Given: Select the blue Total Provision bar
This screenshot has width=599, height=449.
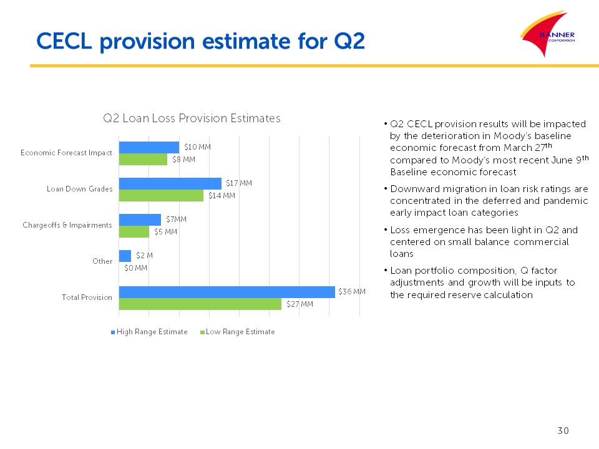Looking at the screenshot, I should tap(226, 292).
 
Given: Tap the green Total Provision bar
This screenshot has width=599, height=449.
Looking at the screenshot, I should tap(200, 304).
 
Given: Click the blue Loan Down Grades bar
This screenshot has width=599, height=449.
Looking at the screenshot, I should tap(170, 183).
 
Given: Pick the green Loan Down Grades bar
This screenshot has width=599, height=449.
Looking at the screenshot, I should tap(161, 195).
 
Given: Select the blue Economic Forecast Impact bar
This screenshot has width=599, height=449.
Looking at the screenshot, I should tap(149, 147).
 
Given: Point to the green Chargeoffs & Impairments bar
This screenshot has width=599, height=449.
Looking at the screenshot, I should tap(134, 231).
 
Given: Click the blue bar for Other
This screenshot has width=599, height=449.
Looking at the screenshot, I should tap(125, 256).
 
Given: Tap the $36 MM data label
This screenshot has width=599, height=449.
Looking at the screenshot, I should tap(352, 292).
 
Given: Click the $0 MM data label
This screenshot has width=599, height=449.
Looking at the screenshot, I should tap(136, 268).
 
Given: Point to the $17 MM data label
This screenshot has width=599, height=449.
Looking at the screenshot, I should tap(239, 183).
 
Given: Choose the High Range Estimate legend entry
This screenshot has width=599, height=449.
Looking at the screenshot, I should tap(149, 332).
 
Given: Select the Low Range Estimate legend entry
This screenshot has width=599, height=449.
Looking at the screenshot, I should tap(237, 332).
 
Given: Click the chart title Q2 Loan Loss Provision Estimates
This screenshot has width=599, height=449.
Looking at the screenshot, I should tap(192, 118).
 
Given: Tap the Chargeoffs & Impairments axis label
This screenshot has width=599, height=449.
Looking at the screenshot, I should tap(67, 225).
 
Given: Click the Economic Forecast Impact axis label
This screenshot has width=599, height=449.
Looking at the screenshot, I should tap(66, 153).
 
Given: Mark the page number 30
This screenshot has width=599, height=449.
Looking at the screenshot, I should tap(563, 431).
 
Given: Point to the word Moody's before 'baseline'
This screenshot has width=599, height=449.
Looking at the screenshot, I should tap(526, 135).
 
